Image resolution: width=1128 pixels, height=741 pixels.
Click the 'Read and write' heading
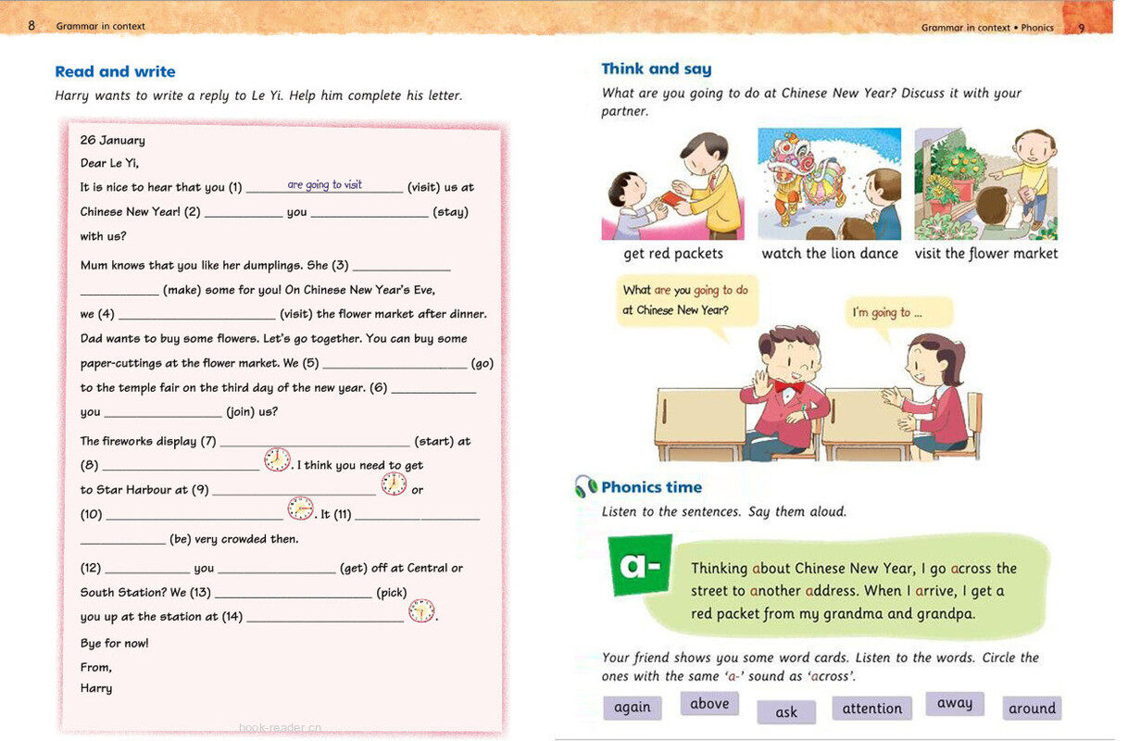click(x=115, y=71)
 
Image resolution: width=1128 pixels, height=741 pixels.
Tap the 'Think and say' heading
click(x=657, y=69)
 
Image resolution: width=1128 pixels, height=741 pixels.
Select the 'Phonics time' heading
click(x=651, y=487)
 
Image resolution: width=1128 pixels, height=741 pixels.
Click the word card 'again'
click(x=633, y=707)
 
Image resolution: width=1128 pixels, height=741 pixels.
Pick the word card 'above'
click(x=709, y=704)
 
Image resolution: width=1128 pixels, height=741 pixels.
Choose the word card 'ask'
click(x=786, y=711)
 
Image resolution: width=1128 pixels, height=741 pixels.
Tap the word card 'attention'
click(x=871, y=708)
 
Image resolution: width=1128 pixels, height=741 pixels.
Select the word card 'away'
click(x=954, y=703)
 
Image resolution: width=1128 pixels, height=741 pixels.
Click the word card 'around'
click(x=1032, y=709)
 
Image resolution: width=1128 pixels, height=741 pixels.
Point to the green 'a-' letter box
click(x=640, y=564)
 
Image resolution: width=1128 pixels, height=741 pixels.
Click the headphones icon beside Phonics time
click(x=585, y=487)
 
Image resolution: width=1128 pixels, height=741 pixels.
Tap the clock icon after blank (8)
click(x=277, y=459)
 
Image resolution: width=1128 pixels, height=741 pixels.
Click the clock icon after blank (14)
click(x=421, y=611)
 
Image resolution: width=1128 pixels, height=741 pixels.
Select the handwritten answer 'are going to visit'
click(x=324, y=184)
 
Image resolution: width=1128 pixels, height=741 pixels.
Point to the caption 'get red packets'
click(x=673, y=253)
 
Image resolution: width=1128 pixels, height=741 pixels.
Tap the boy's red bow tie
click(x=788, y=385)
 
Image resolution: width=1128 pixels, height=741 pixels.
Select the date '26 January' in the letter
click(x=112, y=140)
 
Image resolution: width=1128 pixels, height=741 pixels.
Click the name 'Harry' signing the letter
click(x=96, y=688)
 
